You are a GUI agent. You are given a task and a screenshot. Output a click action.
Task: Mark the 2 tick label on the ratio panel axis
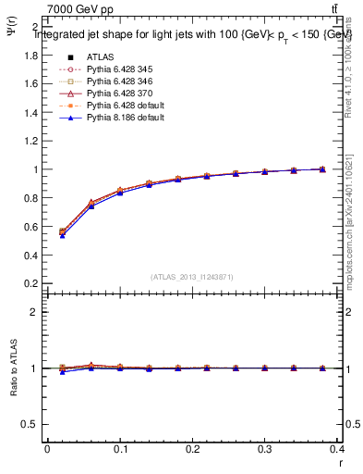coord(34,312)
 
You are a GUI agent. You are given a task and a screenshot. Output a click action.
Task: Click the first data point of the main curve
coord(62,232)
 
